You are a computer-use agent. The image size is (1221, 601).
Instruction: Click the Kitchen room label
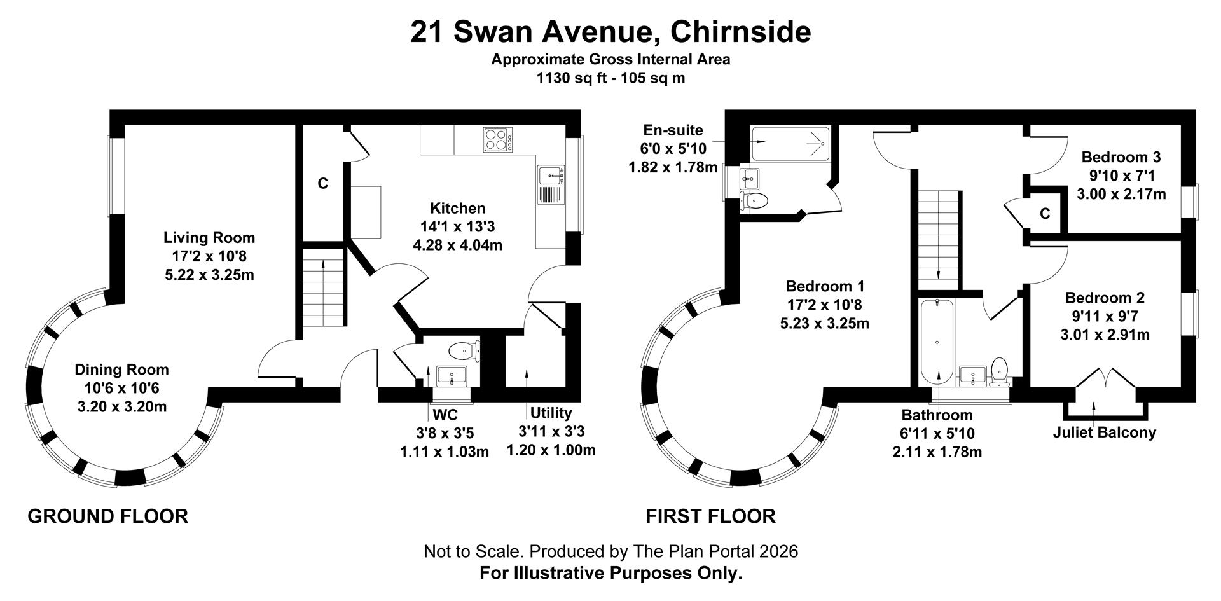coord(458,208)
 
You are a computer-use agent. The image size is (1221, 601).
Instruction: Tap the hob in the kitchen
coord(497,140)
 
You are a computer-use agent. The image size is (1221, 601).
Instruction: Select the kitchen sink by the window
coord(551,185)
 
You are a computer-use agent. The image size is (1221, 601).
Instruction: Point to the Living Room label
coord(209,238)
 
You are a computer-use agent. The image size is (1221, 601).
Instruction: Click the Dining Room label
coord(122,370)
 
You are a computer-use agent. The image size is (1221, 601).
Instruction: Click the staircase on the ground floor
coord(324,289)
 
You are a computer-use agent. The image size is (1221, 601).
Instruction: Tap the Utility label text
coord(551,413)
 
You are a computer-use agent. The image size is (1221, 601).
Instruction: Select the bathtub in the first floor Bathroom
coord(937,343)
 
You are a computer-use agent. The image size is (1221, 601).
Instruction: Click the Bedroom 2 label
coord(1105,298)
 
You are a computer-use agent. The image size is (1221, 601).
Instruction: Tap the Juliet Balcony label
coord(1105,432)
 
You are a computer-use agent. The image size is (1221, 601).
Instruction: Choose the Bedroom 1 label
coord(825,286)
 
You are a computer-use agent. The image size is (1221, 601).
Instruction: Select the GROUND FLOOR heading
coord(108,516)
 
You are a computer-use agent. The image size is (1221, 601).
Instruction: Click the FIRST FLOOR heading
coord(711,516)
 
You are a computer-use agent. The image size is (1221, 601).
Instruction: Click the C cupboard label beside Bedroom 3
coord(1045,214)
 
